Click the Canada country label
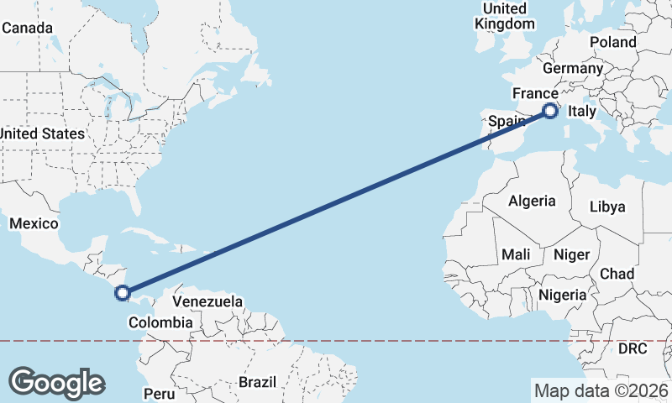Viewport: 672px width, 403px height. [x=28, y=28]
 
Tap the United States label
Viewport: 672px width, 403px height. [x=42, y=133]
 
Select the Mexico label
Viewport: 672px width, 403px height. [x=34, y=223]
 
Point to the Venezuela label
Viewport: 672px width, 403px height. [x=207, y=301]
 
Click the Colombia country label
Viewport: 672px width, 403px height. [x=160, y=322]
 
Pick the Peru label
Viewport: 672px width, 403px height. [x=159, y=393]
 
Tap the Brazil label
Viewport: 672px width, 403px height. [x=257, y=382]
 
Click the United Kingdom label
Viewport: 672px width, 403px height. [x=504, y=16]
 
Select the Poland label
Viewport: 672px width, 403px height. [x=613, y=42]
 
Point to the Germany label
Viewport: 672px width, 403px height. [x=574, y=69]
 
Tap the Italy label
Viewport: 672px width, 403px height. [x=582, y=111]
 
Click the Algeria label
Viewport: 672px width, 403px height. [x=532, y=201]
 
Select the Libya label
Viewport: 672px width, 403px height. [x=607, y=207]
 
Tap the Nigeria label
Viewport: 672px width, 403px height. [x=562, y=295]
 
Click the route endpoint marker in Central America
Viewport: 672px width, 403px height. [x=123, y=293]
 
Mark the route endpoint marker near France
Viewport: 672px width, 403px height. [x=550, y=110]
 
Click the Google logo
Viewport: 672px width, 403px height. [x=56, y=383]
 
